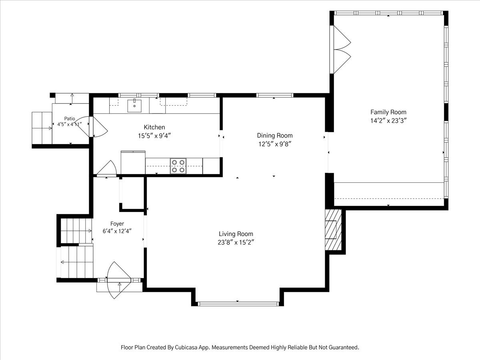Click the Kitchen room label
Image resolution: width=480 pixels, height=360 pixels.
(154, 127)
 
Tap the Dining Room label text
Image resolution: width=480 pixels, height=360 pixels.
(275, 136)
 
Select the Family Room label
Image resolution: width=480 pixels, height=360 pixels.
(388, 112)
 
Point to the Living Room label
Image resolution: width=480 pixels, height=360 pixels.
(236, 234)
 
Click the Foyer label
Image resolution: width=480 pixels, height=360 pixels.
(117, 224)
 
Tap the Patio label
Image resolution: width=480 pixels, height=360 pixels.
(70, 119)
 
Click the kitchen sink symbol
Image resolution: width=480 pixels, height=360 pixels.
(134, 106)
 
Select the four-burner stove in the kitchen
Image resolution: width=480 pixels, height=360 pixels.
(178, 166)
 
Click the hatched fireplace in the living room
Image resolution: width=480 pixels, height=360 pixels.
(333, 230)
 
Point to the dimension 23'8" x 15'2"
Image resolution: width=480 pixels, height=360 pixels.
(236, 242)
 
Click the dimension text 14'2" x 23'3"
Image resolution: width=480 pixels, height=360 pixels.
(388, 121)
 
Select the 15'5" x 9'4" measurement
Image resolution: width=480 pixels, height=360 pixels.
(154, 136)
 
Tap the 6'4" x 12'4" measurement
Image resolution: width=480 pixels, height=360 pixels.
(117, 231)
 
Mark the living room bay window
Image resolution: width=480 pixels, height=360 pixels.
(238, 304)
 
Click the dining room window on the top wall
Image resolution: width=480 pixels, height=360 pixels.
(275, 95)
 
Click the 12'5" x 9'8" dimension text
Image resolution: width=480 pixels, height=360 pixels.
(275, 144)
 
